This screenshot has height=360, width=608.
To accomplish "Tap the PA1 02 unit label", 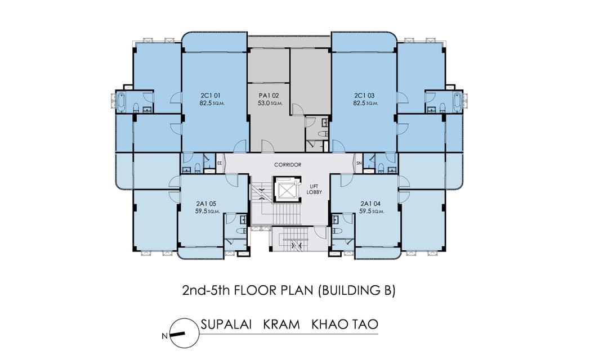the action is [269, 96].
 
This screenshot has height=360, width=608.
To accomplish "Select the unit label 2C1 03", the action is [364, 96].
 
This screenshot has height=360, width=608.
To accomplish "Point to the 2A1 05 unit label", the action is [206, 204].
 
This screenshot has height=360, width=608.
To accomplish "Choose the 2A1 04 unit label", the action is [370, 204].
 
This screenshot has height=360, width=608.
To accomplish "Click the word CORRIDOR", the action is [288, 165].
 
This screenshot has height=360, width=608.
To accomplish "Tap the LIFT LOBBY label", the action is [314, 189].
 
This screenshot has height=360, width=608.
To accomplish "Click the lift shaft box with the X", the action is [287, 190].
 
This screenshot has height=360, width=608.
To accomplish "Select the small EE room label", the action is [220, 164].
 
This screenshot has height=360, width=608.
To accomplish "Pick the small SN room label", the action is [359, 164].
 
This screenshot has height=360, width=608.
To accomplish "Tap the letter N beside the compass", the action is [164, 336].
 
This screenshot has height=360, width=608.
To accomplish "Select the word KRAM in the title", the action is [281, 325].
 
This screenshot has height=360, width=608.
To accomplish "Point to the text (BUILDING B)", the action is [357, 290].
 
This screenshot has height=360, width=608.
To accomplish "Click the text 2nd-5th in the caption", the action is [206, 290].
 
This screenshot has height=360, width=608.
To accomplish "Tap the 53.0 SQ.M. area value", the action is [270, 103].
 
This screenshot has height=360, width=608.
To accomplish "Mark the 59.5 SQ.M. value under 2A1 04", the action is [372, 211].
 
